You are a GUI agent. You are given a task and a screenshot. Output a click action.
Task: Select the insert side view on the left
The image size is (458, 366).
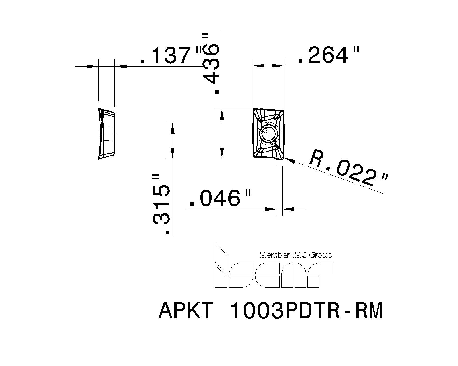tap(106, 133)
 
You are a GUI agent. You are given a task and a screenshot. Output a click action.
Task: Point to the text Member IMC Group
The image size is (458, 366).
tap(296, 255)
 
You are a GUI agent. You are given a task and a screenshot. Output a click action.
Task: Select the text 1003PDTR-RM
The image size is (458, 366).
tap(306, 311)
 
